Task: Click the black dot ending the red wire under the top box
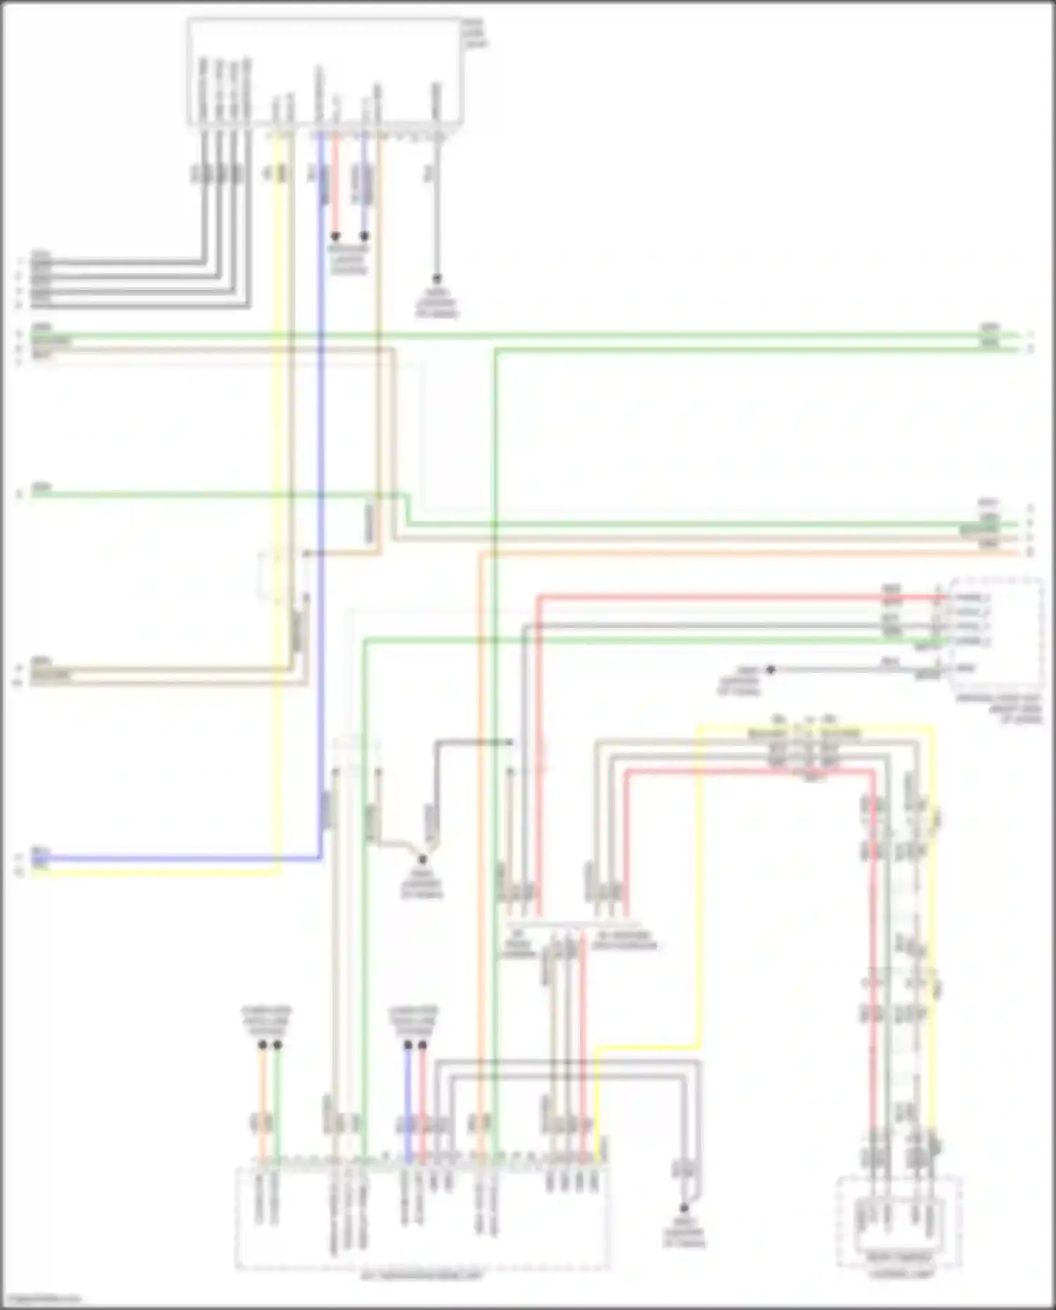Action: click(x=336, y=237)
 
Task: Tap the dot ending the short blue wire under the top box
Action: click(x=364, y=237)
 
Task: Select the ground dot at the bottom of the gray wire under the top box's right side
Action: click(x=436, y=279)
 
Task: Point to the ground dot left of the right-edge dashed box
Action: click(x=770, y=669)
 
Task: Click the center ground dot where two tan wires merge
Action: click(x=422, y=859)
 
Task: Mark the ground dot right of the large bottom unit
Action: click(x=684, y=1208)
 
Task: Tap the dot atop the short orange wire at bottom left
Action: click(x=262, y=1045)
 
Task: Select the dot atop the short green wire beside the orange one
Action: click(x=277, y=1045)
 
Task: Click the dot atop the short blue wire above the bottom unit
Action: click(x=408, y=1045)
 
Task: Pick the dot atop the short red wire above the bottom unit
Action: click(x=422, y=1045)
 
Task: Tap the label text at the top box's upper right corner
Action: click(x=475, y=34)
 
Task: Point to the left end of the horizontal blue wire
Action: click(x=34, y=859)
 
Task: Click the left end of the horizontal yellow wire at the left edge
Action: click(x=34, y=873)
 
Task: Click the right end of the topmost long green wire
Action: click(x=1017, y=334)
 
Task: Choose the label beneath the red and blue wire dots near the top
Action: click(x=349, y=260)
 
